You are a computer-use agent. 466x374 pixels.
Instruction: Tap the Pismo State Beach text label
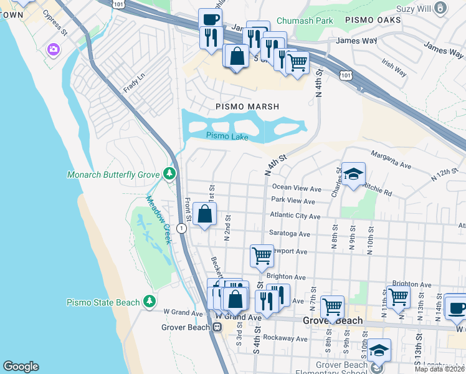(x=103, y=303)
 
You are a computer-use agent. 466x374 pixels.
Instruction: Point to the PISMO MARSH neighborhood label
(x=247, y=107)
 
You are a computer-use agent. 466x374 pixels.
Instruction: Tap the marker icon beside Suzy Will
(x=441, y=8)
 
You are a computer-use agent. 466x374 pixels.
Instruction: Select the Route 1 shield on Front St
(x=180, y=229)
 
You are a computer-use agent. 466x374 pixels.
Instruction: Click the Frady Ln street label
(x=133, y=82)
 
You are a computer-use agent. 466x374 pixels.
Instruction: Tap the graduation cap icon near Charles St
(x=353, y=174)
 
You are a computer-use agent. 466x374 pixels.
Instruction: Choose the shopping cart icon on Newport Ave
(x=262, y=255)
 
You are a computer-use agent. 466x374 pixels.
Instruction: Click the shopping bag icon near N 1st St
(x=205, y=214)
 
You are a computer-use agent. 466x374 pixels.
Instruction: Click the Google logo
(x=21, y=367)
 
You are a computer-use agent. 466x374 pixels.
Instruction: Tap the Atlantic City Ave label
(x=295, y=216)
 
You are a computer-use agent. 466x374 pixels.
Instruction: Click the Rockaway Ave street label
(x=285, y=339)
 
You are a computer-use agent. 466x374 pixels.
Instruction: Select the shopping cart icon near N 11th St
(x=398, y=297)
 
